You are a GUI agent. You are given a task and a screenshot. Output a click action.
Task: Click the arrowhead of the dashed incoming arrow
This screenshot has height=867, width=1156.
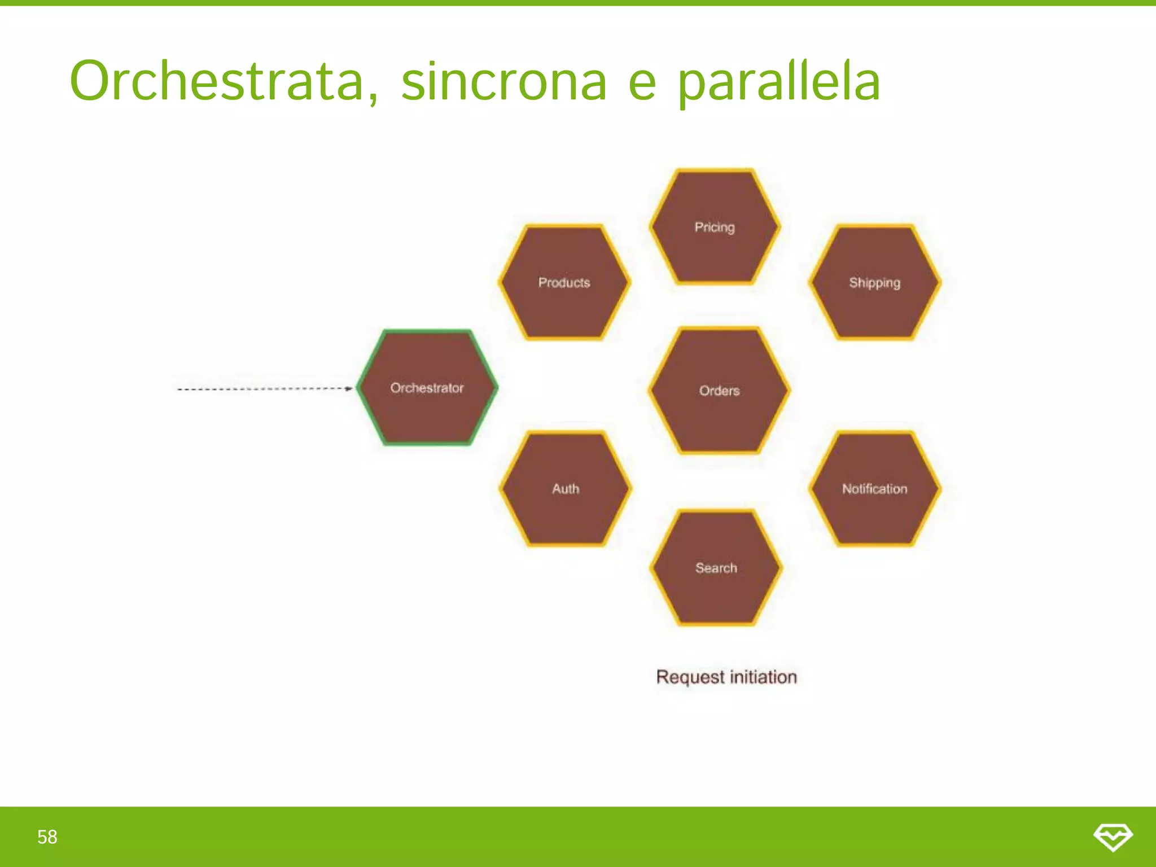[349, 388]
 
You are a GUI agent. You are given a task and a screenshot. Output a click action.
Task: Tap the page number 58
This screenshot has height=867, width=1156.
[47, 837]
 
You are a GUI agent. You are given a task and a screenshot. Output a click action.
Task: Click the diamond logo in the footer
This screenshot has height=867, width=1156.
[1113, 837]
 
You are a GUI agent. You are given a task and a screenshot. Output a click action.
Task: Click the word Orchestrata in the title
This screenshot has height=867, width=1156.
[224, 82]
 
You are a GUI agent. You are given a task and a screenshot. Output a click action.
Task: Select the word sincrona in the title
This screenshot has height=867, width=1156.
[503, 82]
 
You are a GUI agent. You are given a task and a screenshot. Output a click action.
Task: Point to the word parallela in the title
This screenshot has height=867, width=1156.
[779, 82]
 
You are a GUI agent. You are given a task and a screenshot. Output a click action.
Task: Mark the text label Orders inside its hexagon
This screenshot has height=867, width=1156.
[719, 391]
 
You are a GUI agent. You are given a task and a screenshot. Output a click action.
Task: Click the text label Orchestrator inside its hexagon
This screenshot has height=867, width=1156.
[427, 388]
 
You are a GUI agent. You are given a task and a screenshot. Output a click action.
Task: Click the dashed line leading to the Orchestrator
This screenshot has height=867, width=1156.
[260, 389]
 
